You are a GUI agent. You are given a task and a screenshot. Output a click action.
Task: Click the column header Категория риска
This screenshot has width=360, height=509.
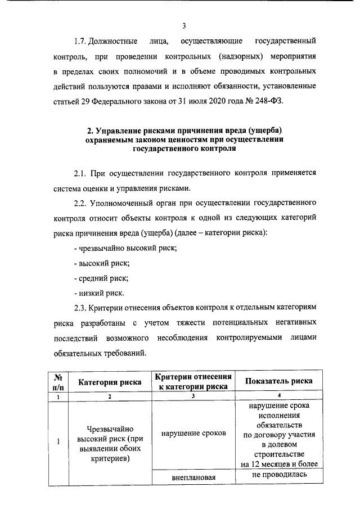coord(110,382)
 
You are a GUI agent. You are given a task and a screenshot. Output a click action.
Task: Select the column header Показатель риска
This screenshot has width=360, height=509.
coord(279,382)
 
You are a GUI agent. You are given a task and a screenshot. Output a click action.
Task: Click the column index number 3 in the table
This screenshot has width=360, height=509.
coord(193,397)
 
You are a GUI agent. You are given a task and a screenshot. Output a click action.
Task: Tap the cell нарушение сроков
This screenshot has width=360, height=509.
coord(193,434)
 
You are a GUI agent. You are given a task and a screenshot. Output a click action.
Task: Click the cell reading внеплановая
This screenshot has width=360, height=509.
coord(193,478)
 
